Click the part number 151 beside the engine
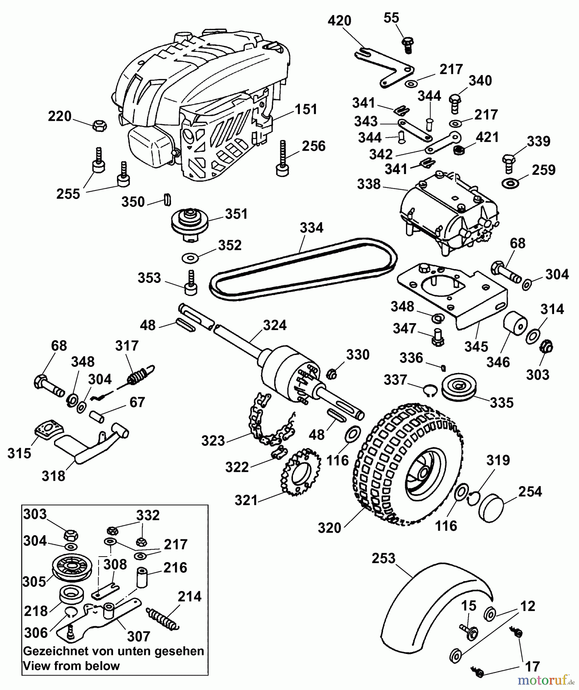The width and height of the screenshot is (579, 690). pyautogui.click(x=306, y=109)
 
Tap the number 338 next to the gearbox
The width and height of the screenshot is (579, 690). pyautogui.click(x=368, y=184)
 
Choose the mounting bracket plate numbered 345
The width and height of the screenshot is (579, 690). pyautogui.click(x=452, y=291)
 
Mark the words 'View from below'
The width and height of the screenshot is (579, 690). pyautogui.click(x=72, y=665)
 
